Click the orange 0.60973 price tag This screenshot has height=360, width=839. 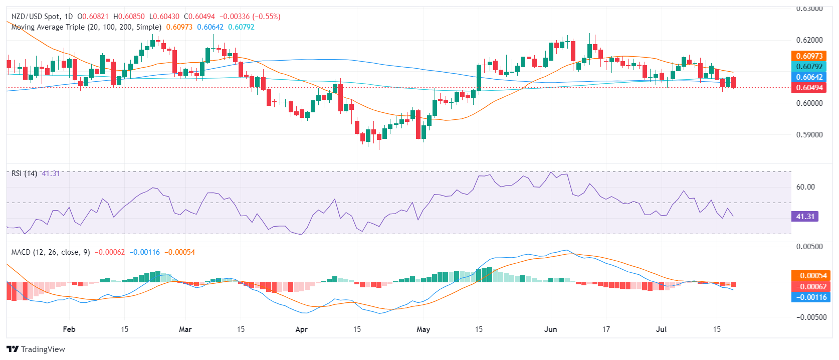click(x=809, y=56)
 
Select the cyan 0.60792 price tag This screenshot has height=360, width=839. click(x=809, y=67)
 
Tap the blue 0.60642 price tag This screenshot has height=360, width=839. click(x=809, y=77)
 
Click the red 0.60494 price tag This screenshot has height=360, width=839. click(x=809, y=88)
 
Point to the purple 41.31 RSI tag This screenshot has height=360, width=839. click(x=805, y=217)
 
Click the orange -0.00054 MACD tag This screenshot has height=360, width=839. click(x=810, y=276)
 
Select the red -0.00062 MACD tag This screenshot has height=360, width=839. click(x=810, y=287)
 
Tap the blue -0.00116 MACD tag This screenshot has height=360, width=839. click(x=810, y=297)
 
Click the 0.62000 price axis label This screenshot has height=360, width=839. click(x=809, y=40)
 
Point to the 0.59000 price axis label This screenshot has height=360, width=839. click(x=809, y=135)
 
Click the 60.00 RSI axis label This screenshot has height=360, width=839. click(x=805, y=187)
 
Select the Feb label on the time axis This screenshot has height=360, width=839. click(x=69, y=329)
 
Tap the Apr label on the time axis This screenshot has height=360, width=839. click(x=301, y=329)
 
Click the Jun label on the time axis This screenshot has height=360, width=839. click(x=550, y=329)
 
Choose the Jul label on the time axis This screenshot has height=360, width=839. click(x=662, y=329)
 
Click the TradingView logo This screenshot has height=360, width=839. click(x=36, y=349)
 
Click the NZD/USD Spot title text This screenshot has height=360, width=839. click(x=35, y=17)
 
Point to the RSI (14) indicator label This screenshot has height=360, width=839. click(x=24, y=173)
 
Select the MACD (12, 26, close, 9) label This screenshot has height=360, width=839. click(x=51, y=252)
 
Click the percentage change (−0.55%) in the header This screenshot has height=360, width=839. click(x=267, y=17)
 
